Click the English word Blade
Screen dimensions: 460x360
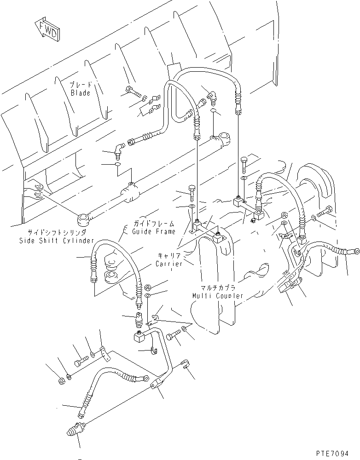[81, 93]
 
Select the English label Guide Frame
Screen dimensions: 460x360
[154, 232]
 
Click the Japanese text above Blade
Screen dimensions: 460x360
[81, 85]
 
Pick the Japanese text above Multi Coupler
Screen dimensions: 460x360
[215, 287]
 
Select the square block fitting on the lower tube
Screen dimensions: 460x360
[139, 338]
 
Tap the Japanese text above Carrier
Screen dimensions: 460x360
[166, 256]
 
